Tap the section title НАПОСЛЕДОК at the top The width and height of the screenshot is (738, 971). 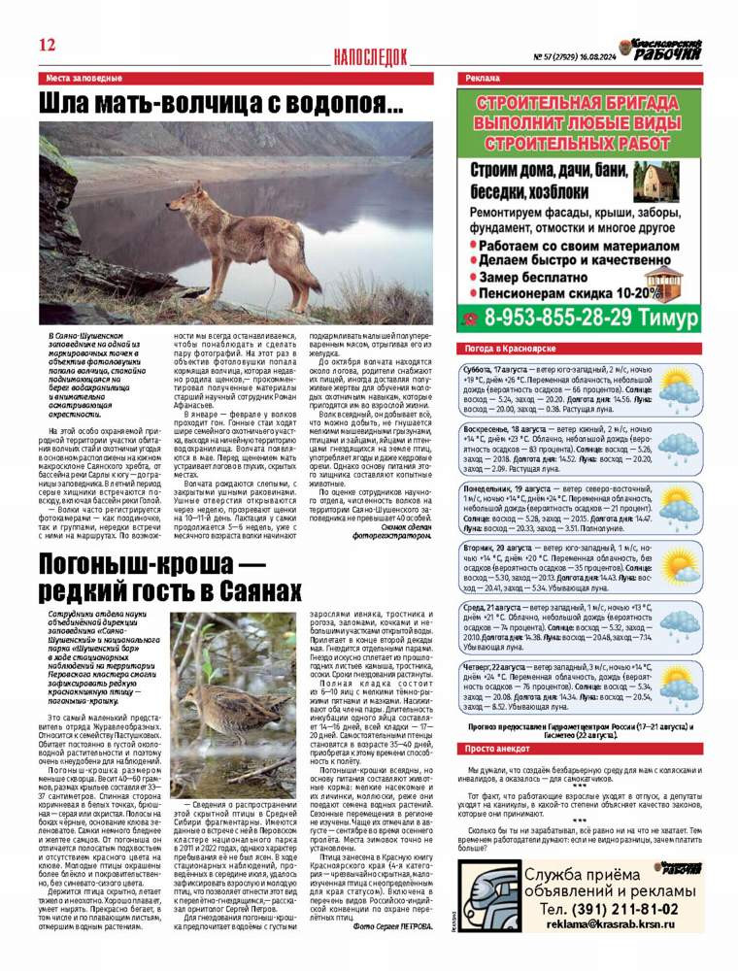click(369, 57)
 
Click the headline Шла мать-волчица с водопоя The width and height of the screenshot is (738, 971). click(221, 104)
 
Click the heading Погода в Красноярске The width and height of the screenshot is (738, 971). click(510, 348)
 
